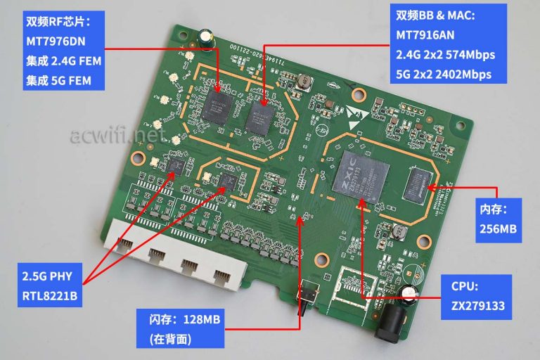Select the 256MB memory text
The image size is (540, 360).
(499, 230)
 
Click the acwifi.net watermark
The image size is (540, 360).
(118, 131)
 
